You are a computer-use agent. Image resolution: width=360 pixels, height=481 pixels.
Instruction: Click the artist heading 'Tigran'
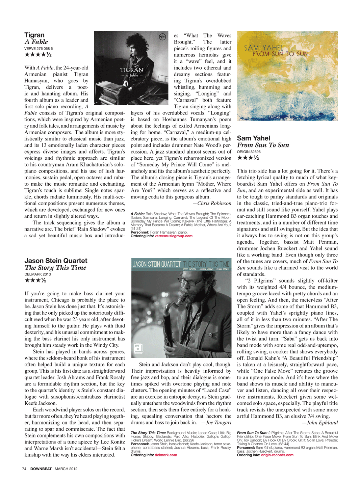tap(34, 35)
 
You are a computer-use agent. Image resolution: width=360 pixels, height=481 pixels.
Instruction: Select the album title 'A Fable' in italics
tap(36, 42)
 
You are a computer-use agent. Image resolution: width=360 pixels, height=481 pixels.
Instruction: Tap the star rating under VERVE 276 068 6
tap(38, 55)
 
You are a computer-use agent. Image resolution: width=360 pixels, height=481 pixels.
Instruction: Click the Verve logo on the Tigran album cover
tap(162, 37)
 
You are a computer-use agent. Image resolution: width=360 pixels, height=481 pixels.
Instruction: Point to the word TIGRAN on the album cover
tap(132, 70)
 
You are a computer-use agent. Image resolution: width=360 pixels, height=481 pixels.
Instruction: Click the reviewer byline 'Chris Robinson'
tap(214, 203)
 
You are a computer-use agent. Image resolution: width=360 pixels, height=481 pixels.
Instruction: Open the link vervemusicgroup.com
tap(173, 236)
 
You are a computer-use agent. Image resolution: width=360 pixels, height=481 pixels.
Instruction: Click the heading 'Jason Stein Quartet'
tap(56, 261)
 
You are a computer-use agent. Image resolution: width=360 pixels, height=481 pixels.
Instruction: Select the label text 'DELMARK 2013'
tap(37, 274)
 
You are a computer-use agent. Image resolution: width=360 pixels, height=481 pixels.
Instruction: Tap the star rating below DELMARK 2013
tap(35, 280)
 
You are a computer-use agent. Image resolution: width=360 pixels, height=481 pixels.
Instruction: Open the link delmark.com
tap(166, 455)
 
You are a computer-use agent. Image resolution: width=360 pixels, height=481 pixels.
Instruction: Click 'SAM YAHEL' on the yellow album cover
tap(264, 48)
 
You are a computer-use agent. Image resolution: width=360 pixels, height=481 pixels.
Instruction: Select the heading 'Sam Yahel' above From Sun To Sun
tap(253, 138)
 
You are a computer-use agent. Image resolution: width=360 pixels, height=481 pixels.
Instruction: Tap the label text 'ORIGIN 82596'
tap(249, 152)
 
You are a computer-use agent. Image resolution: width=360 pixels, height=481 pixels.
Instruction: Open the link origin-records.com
tap(277, 455)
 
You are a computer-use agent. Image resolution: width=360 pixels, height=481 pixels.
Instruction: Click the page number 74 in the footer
tap(24, 469)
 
